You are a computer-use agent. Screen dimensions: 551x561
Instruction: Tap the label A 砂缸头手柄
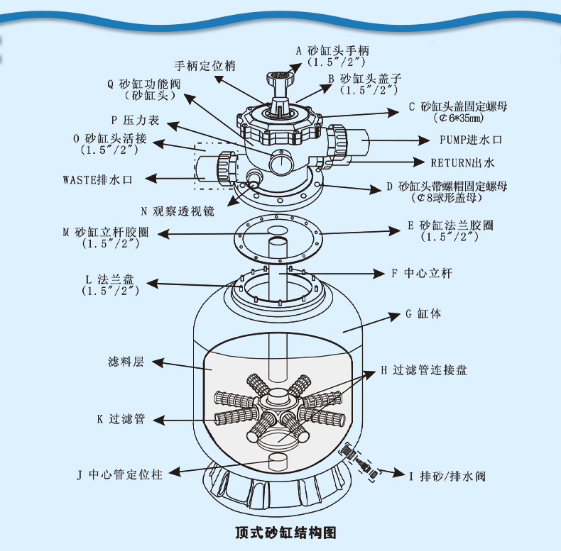(332, 50)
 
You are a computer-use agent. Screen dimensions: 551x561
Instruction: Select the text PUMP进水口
(471, 140)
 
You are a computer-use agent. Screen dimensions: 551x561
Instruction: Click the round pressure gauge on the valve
(279, 163)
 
